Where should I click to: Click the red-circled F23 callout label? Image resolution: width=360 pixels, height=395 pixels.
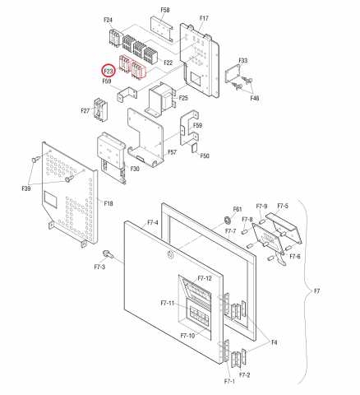point(108,71)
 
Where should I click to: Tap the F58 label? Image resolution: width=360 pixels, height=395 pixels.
point(165,10)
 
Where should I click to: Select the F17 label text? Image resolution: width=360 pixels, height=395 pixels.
point(204,18)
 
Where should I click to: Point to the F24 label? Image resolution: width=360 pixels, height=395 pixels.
point(108,20)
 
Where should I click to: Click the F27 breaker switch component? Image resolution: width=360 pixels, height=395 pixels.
point(100,109)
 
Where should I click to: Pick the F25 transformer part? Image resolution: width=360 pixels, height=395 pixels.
point(162,98)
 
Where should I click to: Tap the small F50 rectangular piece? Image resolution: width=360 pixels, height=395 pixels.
point(195,147)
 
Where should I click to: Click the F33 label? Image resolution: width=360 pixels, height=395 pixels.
point(243,60)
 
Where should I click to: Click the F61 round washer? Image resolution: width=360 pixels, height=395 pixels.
point(227,220)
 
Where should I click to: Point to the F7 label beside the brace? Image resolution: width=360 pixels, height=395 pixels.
point(316,291)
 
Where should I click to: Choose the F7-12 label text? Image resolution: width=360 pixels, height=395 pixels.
point(205,278)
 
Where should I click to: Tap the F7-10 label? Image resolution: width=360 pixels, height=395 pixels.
point(187,336)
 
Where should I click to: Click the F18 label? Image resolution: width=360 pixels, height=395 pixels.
point(108,203)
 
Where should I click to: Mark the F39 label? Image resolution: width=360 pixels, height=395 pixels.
point(26,188)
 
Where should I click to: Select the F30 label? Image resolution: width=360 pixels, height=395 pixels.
point(135,169)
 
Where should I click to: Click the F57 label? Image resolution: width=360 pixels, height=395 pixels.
point(172,152)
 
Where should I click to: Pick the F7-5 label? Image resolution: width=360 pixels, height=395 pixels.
point(283,206)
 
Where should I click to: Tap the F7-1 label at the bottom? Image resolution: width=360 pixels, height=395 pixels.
point(229,381)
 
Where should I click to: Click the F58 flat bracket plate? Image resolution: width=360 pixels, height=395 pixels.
point(162,30)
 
